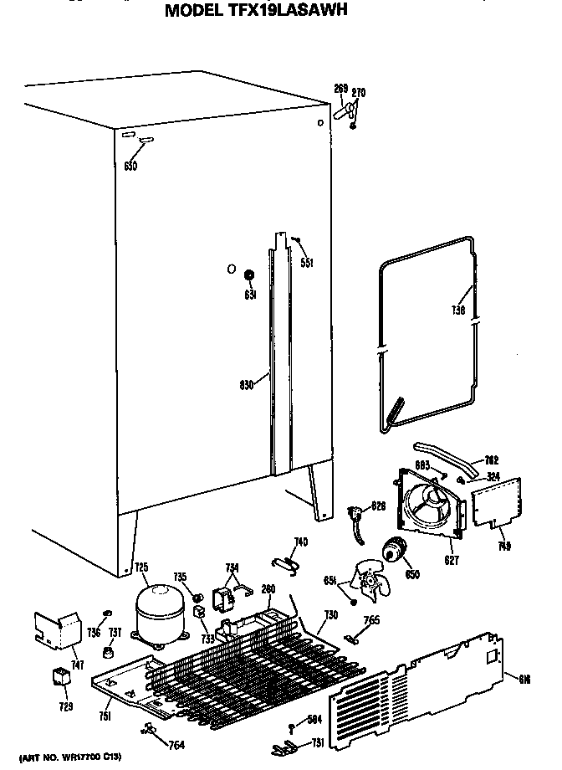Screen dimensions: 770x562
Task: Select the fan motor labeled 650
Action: [x=392, y=552]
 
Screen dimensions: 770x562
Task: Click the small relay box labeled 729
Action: [x=59, y=677]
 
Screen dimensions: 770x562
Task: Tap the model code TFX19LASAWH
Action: [x=289, y=11]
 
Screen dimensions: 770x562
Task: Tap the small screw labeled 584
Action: [x=291, y=725]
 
